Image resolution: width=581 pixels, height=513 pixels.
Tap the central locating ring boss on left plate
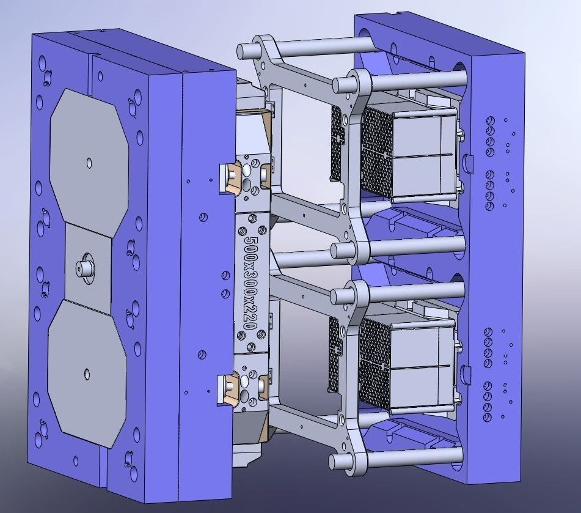tap(82, 267)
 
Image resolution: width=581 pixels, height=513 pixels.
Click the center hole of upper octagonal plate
tap(89, 162)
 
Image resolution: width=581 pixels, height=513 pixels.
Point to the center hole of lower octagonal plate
tap(86, 372)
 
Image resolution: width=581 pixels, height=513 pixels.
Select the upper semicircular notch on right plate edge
tap(467, 162)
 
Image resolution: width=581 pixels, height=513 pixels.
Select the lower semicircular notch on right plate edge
tap(467, 371)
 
